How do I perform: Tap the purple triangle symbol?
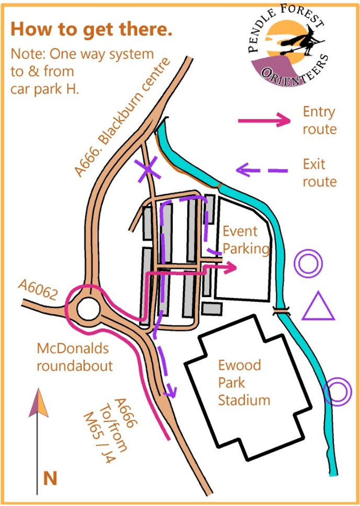click(x=318, y=307)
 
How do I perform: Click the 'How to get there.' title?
click(x=92, y=29)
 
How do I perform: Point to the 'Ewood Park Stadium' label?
click(x=244, y=383)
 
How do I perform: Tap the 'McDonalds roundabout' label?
click(x=74, y=357)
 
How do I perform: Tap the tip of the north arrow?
click(x=37, y=391)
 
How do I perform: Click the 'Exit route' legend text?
click(x=319, y=173)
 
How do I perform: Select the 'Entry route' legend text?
click(x=319, y=120)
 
